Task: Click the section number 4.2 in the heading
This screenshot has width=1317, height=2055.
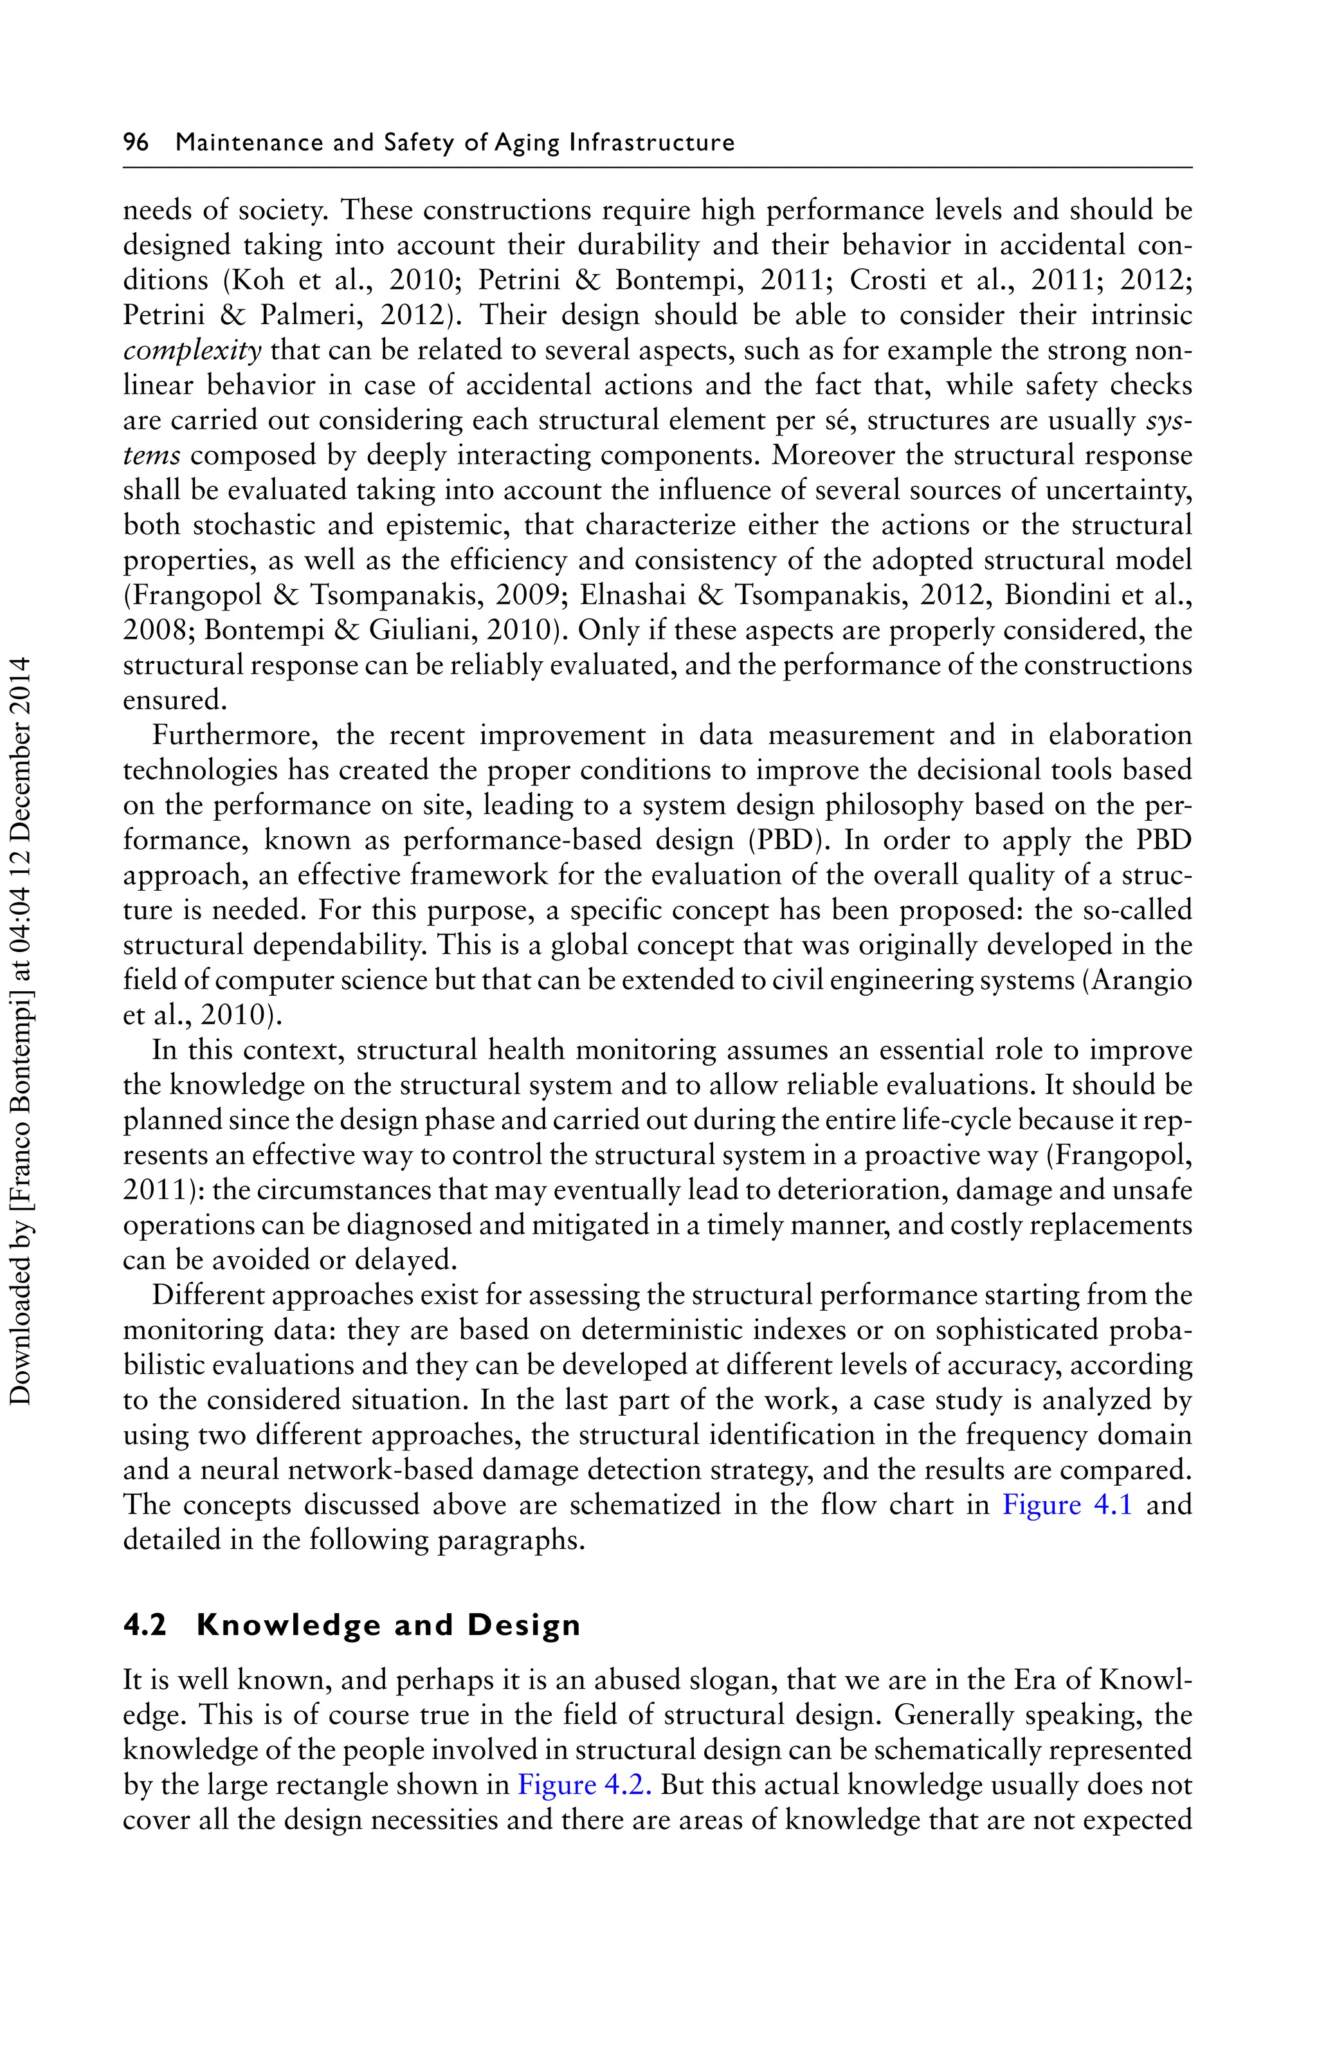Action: pos(145,1625)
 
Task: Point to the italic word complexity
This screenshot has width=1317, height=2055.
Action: pos(192,351)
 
